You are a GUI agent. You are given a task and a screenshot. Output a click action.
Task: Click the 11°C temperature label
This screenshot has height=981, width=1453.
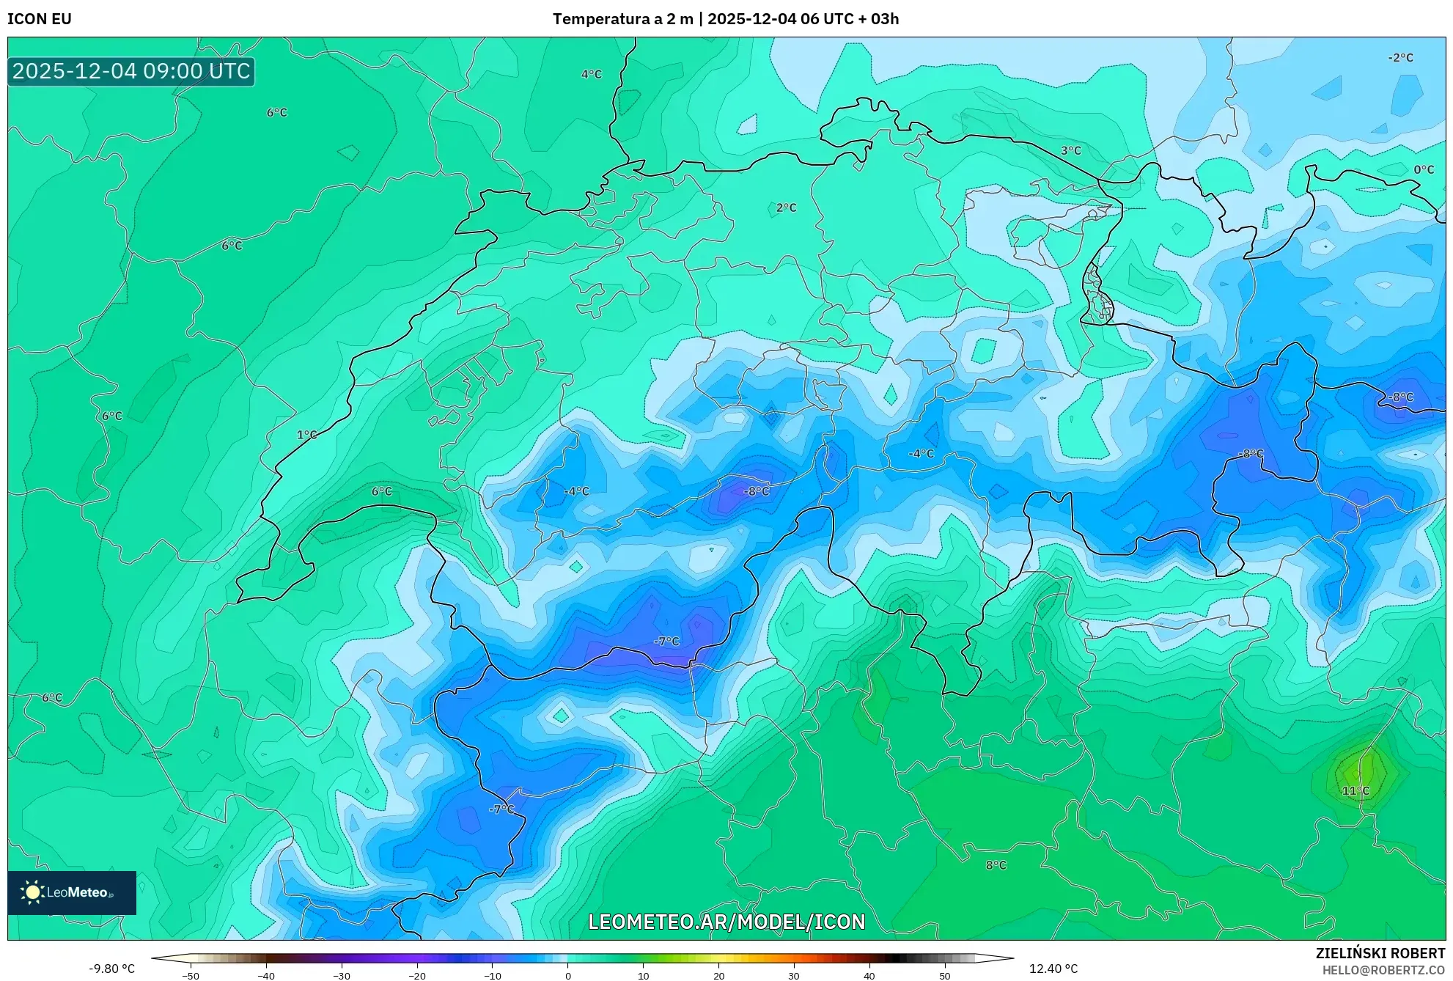pos(1355,790)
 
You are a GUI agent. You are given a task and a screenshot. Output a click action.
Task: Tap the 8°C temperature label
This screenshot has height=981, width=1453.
pos(996,865)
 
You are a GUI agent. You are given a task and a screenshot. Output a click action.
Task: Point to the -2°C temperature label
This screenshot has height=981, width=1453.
pos(1400,58)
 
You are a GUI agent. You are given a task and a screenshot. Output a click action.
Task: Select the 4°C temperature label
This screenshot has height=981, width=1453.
pos(592,75)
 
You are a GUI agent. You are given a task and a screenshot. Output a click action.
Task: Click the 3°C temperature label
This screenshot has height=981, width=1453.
pos(1071,150)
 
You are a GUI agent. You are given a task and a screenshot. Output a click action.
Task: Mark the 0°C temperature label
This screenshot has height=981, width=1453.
pos(1424,170)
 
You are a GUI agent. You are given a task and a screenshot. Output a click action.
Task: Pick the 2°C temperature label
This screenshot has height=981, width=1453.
pos(786,208)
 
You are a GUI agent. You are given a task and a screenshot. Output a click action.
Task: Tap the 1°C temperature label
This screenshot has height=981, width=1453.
pos(306,435)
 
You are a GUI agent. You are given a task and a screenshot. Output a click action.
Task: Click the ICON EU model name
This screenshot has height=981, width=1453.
pos(40,19)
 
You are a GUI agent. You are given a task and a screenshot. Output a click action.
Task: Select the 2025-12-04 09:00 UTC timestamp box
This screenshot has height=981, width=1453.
pos(131,71)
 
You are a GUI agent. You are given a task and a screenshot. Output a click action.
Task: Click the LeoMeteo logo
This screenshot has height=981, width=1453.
pos(72,892)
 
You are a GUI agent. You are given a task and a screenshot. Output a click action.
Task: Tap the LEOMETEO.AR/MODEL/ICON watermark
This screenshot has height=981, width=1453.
pos(726,922)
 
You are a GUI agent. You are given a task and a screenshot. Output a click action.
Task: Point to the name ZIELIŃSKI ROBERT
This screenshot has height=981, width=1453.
pos(1380,953)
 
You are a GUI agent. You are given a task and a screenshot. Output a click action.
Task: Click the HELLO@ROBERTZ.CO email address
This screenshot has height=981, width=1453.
pos(1383,970)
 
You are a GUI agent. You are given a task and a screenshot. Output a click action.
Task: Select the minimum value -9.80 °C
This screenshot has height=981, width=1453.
pos(112,969)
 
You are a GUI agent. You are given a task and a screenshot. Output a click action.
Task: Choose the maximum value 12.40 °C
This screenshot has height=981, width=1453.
pos(1053,969)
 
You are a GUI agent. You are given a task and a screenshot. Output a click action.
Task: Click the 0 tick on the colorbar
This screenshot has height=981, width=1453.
pos(567,976)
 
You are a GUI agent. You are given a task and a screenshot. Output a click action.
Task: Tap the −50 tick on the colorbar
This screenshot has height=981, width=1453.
pos(191,976)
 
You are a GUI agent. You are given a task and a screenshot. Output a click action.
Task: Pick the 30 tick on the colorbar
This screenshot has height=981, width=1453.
pos(794,976)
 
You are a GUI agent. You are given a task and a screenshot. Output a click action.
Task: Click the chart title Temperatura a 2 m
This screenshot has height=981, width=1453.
pos(622,19)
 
